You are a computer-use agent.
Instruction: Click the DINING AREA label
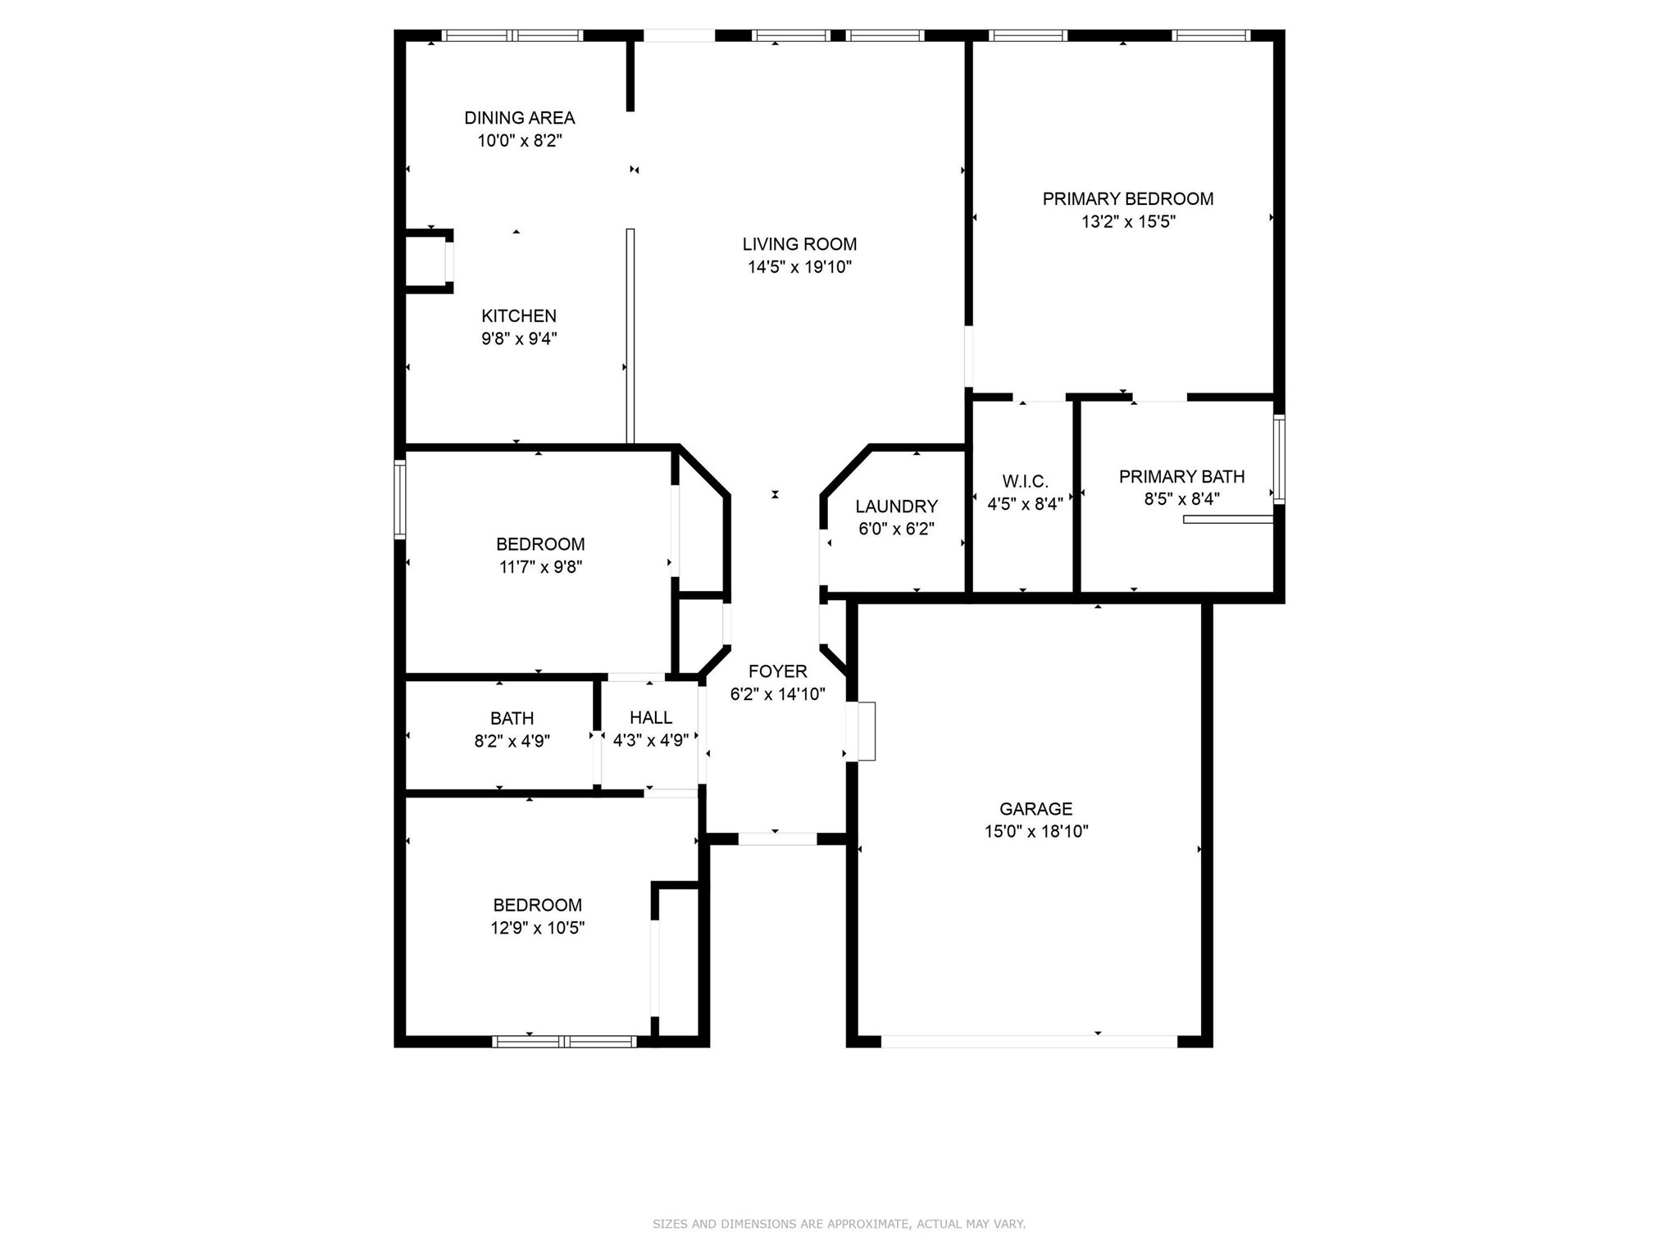tap(519, 118)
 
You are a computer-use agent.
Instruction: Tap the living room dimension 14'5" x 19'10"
tap(799, 267)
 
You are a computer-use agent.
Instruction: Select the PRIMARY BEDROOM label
tap(1127, 199)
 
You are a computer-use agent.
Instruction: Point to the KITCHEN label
tap(518, 316)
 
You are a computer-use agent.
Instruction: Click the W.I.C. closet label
tap(1025, 482)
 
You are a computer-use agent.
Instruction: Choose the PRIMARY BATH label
tap(1181, 477)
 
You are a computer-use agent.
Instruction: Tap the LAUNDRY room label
tap(896, 507)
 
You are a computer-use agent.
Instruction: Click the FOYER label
tap(777, 672)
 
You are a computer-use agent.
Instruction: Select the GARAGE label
tap(1035, 809)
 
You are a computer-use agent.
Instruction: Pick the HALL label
tap(651, 718)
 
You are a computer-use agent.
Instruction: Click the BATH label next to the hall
tap(512, 719)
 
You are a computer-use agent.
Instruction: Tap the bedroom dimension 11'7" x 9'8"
tap(540, 567)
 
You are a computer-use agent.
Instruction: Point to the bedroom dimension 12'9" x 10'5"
tap(538, 928)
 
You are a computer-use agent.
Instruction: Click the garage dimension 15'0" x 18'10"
tap(1035, 832)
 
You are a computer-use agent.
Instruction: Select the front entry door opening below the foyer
tap(777, 839)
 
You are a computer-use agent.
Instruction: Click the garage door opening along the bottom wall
tap(1029, 1041)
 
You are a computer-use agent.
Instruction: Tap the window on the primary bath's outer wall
tap(1278, 459)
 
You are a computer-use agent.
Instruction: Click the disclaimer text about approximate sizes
tap(839, 1224)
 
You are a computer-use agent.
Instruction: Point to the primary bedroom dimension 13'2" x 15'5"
tap(1128, 222)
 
